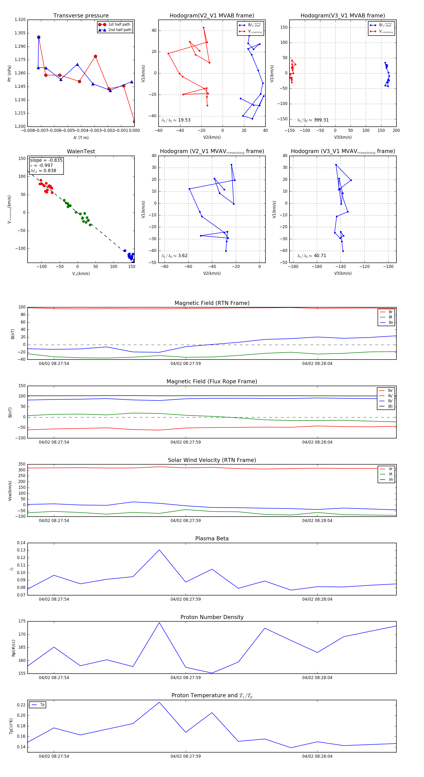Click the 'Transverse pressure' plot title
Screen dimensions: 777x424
81,16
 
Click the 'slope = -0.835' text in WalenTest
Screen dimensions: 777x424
46,160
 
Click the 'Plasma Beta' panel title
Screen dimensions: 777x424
212,538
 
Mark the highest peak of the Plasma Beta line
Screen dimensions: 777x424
159,550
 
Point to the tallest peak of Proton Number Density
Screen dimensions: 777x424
159,623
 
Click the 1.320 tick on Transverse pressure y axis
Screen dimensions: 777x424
20,20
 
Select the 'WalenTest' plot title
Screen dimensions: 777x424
81,151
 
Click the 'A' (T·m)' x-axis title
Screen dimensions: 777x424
81,138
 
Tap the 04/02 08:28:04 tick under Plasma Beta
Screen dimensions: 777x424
317,599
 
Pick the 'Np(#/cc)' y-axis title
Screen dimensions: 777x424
13,648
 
